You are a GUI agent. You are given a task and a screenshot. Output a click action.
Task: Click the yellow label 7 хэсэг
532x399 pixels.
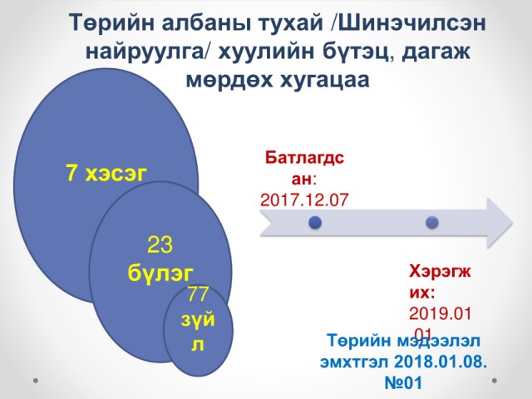coord(106,173)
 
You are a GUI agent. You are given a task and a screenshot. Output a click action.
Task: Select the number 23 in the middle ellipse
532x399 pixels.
coord(160,244)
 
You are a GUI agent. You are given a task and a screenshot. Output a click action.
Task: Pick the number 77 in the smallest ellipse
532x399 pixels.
coord(198,293)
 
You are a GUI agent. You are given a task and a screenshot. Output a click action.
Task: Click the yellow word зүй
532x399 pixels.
coord(198,319)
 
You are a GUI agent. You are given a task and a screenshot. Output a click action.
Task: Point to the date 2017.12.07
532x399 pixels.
coord(304,199)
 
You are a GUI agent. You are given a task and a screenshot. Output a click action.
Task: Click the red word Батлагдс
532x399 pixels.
coord(305,157)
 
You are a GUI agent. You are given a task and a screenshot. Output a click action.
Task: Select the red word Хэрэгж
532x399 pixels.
coord(440,271)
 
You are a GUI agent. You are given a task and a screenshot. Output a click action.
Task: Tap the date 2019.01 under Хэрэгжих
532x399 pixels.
coord(440,313)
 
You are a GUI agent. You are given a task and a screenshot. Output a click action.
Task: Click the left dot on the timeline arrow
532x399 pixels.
coord(315,223)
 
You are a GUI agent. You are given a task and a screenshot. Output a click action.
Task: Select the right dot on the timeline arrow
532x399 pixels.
coord(432,223)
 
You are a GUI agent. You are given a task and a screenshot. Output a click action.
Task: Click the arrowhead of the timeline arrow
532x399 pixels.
coord(500,223)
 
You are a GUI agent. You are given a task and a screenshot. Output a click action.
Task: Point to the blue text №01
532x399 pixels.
coord(403,382)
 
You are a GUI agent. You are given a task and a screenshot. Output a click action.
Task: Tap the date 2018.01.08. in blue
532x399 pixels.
coord(441,362)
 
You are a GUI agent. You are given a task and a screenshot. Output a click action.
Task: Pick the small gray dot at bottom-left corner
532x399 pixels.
coord(36,381)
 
